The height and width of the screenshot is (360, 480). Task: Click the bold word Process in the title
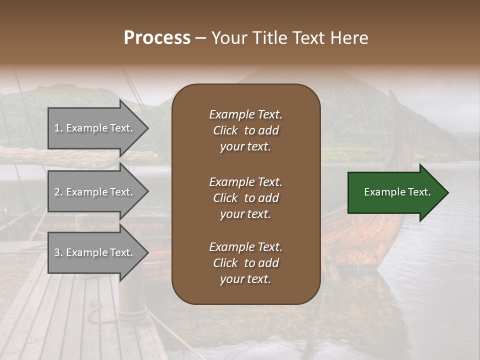pyautogui.click(x=157, y=37)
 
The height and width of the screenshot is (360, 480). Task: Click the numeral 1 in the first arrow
pyautogui.click(x=57, y=128)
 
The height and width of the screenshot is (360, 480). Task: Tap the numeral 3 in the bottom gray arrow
pyautogui.click(x=57, y=252)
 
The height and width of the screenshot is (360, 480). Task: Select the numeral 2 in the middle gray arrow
pyautogui.click(x=57, y=192)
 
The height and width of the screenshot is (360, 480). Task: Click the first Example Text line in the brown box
pyautogui.click(x=245, y=114)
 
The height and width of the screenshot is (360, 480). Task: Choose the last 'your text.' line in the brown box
pyautogui.click(x=245, y=279)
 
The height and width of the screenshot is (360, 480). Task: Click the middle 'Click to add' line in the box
pyautogui.click(x=245, y=198)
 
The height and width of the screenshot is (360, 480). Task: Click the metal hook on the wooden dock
pyautogui.click(x=95, y=316)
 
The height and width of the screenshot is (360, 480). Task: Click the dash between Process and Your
pyautogui.click(x=200, y=38)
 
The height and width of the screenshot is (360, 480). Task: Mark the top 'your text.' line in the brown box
pyautogui.click(x=245, y=146)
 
